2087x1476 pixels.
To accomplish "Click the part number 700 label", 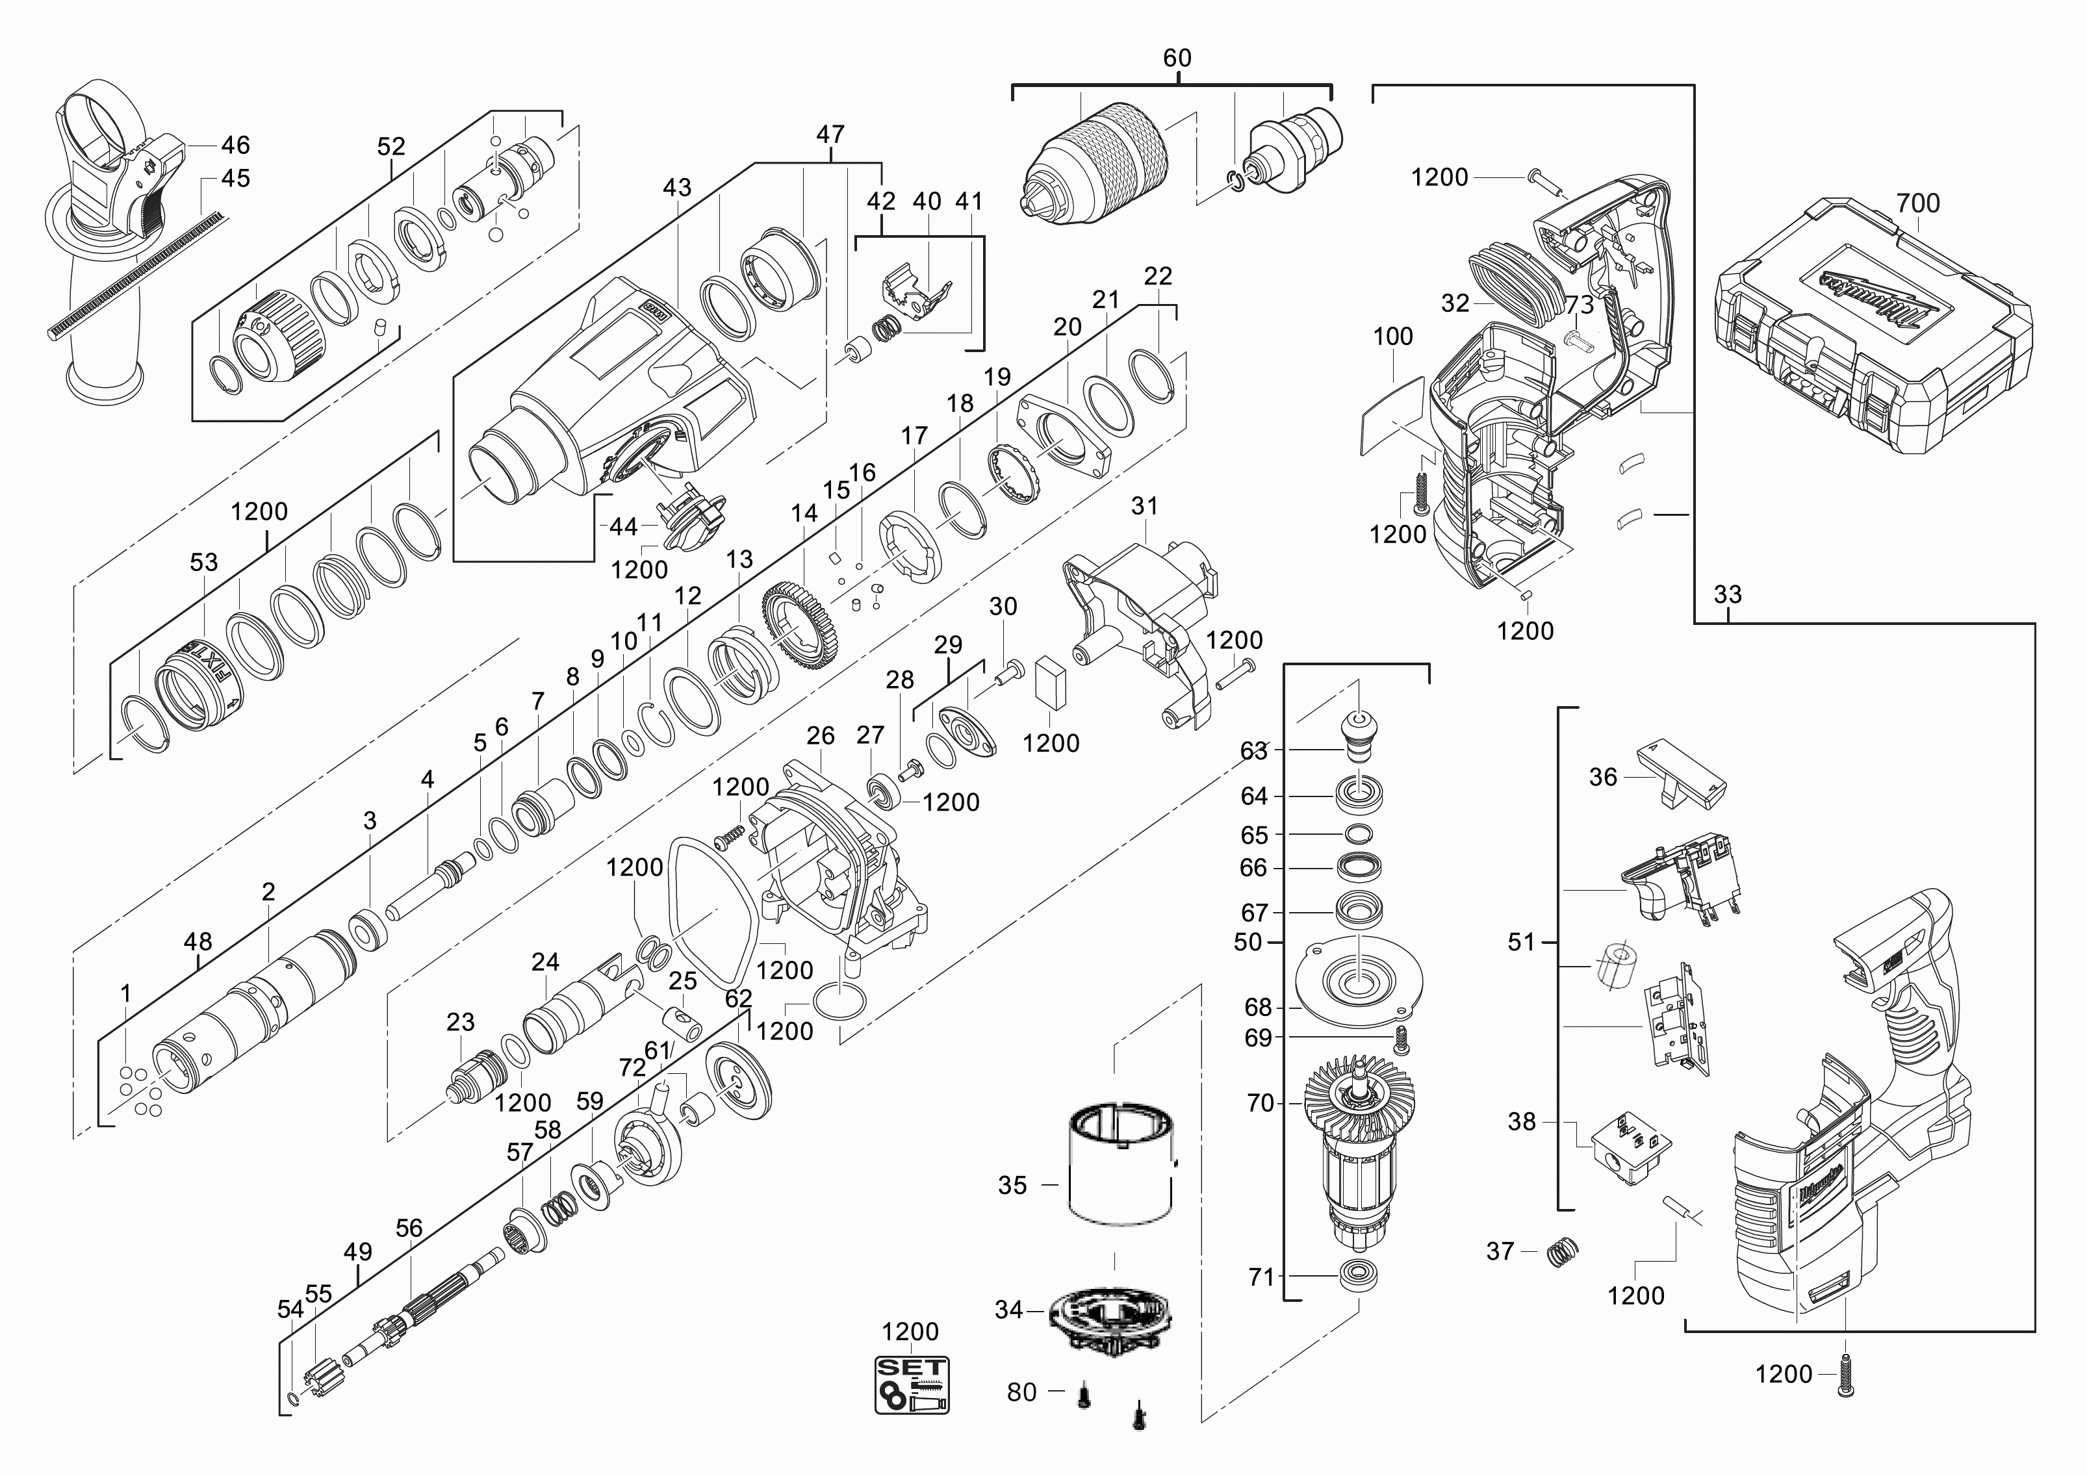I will (1918, 203).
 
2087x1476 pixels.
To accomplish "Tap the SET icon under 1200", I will (912, 1385).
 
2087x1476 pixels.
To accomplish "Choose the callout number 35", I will (1012, 1185).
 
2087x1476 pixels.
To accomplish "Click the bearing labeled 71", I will (1359, 1274).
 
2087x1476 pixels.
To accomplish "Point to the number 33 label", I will (1727, 594).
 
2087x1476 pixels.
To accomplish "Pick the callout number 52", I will (391, 146).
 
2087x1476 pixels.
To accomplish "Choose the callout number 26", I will (820, 735).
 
